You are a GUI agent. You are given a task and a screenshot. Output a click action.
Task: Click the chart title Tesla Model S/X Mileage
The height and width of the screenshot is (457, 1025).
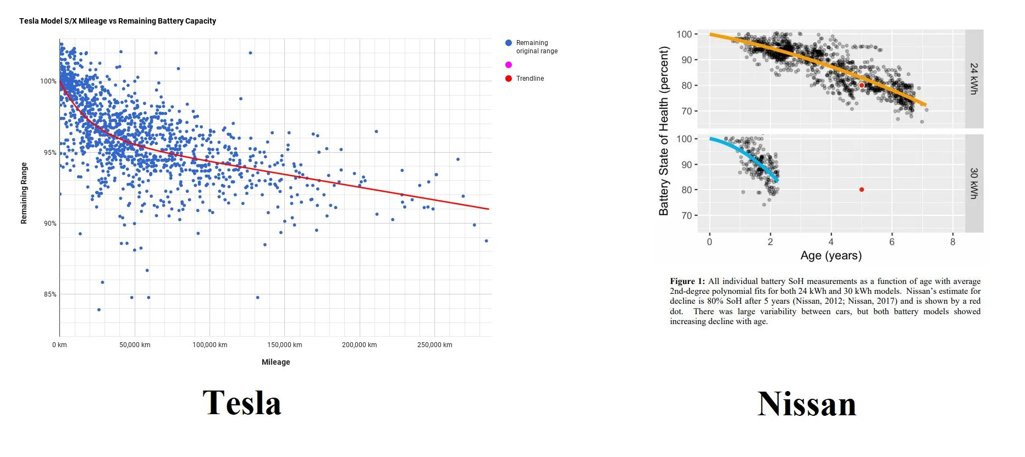[x=117, y=21]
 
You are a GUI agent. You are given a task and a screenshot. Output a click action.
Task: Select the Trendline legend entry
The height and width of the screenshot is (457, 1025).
[x=530, y=79]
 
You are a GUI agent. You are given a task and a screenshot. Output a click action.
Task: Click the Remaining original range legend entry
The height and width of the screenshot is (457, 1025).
[x=536, y=47]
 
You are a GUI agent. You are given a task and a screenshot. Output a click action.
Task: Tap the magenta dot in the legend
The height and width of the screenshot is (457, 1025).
[x=509, y=65]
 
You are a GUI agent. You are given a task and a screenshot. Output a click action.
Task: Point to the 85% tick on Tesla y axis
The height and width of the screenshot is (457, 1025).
[x=50, y=294]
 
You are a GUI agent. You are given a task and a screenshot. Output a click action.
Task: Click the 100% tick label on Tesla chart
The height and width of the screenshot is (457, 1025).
[x=48, y=81]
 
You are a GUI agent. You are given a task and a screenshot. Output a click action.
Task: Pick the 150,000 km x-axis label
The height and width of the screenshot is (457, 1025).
[x=284, y=345]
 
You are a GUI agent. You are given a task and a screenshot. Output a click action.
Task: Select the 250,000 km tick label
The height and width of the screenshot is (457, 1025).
[x=434, y=345]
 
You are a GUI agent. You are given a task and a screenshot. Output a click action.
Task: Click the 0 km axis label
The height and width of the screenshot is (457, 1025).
[x=59, y=345]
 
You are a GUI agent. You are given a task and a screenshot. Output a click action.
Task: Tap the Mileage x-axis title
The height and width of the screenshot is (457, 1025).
[x=275, y=362]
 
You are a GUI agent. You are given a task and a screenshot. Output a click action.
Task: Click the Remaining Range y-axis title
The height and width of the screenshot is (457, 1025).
[x=24, y=193]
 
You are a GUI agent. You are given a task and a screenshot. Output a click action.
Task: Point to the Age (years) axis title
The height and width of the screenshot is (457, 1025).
[x=830, y=255]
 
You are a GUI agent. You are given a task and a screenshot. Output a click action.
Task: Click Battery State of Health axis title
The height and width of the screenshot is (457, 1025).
[x=664, y=131]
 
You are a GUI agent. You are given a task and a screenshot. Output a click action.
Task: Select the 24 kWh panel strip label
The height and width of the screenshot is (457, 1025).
[x=973, y=79]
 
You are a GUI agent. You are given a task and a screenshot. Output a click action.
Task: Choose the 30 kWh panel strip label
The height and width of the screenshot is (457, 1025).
[x=973, y=183]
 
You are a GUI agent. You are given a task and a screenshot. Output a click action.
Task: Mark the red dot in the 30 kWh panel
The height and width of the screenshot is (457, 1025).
[x=862, y=190]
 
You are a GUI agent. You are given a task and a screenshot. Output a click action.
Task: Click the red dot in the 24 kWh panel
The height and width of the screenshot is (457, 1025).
[x=862, y=85]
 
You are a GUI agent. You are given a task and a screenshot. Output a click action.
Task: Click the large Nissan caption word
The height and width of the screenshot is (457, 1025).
[x=807, y=404]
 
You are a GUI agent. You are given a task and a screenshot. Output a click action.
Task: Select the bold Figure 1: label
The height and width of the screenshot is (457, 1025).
[x=687, y=281]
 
